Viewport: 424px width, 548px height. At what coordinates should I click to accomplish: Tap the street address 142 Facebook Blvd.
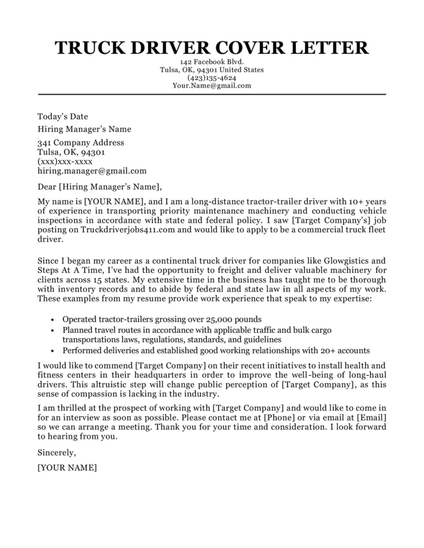(212, 62)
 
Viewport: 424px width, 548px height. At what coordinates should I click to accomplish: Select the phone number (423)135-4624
(212, 78)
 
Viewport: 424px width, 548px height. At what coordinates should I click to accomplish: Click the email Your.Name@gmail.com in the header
(212, 85)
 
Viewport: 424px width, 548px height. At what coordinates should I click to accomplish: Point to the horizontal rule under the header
(212, 94)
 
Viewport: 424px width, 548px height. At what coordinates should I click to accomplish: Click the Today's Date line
(62, 116)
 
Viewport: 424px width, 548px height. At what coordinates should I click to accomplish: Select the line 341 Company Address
(81, 143)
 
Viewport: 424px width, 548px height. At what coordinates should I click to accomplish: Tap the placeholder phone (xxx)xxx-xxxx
(65, 162)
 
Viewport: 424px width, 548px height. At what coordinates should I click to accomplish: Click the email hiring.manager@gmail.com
(92, 171)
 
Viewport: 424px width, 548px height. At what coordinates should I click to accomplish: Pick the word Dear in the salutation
(46, 186)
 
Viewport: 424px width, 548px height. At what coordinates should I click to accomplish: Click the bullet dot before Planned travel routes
(51, 330)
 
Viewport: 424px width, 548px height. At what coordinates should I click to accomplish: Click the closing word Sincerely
(57, 453)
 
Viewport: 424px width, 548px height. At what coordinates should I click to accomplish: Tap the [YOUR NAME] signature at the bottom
(67, 468)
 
